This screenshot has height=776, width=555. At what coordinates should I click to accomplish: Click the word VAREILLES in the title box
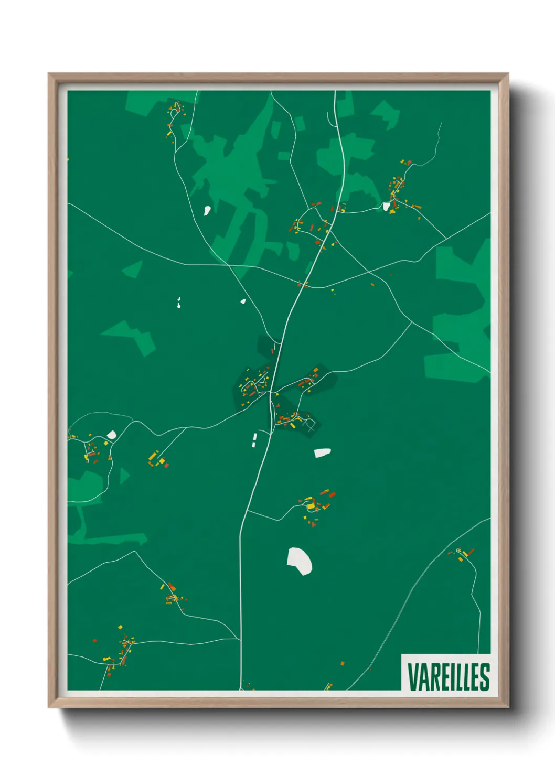[448, 677]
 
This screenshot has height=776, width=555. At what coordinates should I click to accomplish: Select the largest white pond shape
[300, 561]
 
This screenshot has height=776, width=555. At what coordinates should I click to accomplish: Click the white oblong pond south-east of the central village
[322, 452]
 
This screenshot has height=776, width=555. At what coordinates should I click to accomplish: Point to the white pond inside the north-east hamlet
[387, 206]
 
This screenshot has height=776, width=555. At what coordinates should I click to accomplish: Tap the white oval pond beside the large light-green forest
[207, 211]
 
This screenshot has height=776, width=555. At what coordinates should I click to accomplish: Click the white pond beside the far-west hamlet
[111, 435]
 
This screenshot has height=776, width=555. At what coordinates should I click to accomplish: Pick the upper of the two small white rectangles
[255, 436]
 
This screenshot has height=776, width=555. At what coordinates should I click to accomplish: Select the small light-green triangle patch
[124, 476]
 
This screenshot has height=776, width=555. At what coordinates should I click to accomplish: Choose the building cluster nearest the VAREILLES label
[462, 554]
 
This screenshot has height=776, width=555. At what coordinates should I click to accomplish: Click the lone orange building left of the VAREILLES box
[342, 663]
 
